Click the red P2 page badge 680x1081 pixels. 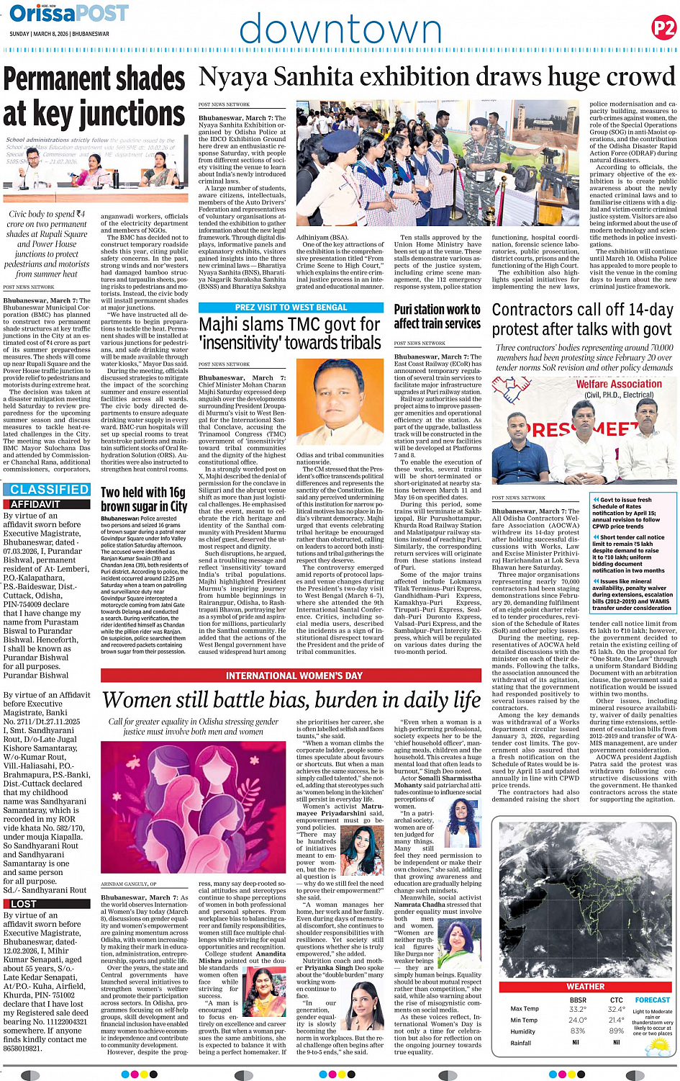(x=663, y=28)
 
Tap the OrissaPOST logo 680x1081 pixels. (x=69, y=14)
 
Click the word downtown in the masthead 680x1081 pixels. (x=340, y=30)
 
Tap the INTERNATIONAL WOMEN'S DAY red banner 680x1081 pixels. (x=294, y=676)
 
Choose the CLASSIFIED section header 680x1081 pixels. (x=49, y=490)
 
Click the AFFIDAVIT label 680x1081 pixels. (x=35, y=504)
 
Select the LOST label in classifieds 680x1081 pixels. (x=24, y=903)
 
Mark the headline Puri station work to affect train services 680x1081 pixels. (x=437, y=317)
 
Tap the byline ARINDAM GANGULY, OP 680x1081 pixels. (x=129, y=884)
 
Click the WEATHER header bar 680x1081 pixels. (x=585, y=987)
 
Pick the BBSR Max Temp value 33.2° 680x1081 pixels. (x=577, y=1009)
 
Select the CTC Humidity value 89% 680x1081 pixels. (x=616, y=1031)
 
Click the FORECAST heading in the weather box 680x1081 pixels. (x=652, y=1000)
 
